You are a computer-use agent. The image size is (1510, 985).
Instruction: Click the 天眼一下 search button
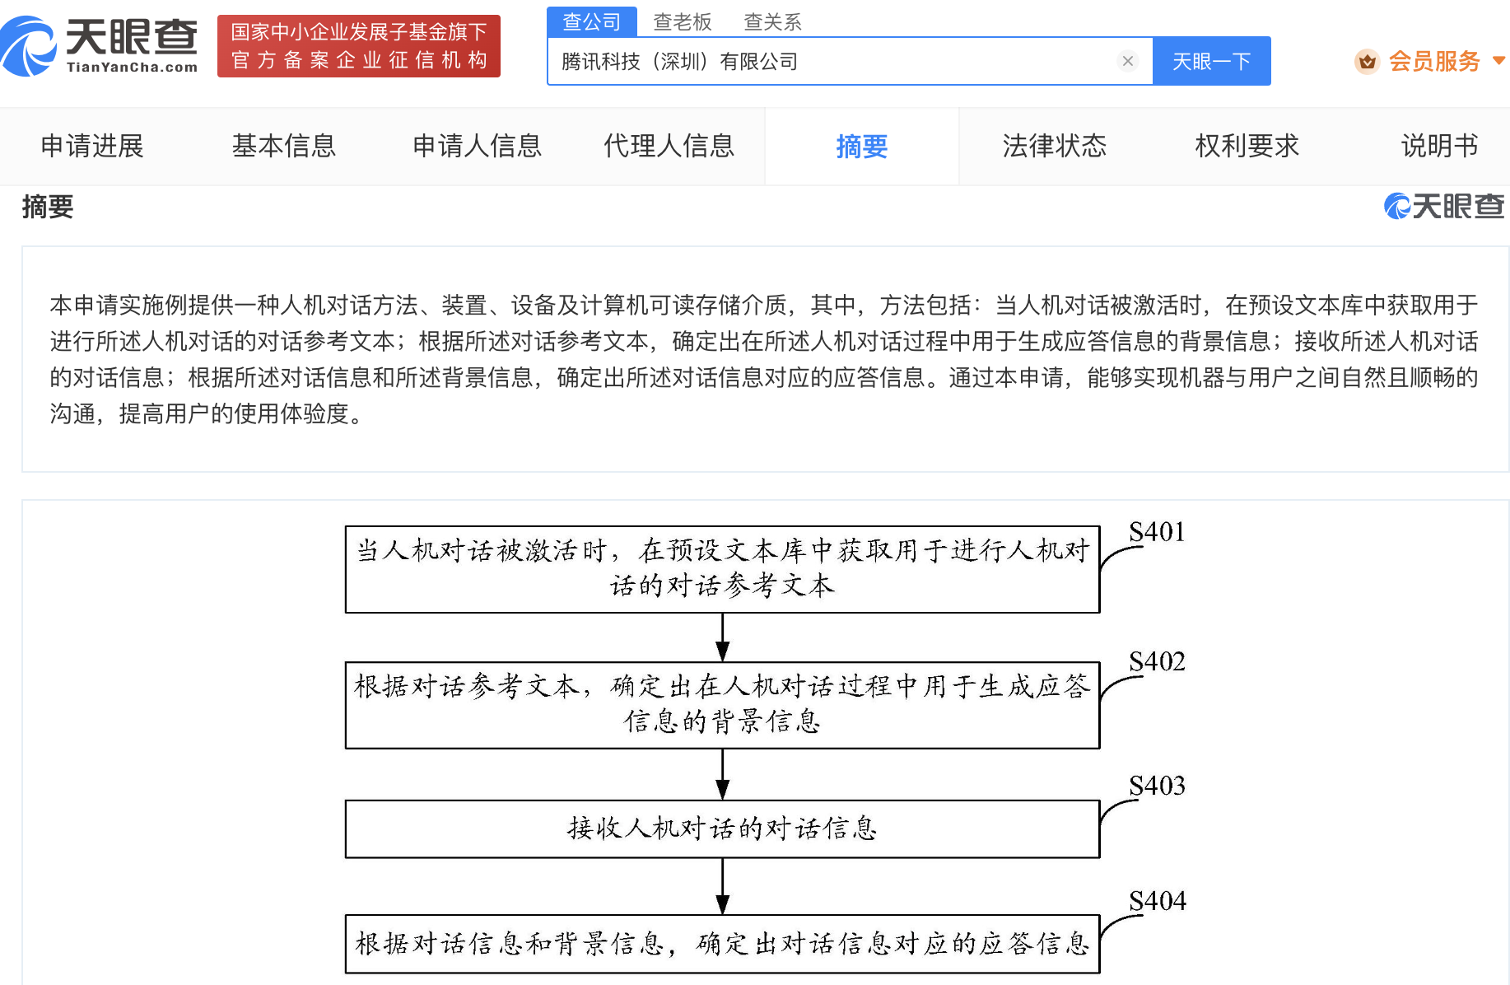tap(1211, 61)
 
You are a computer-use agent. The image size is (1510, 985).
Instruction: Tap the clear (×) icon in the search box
tap(1128, 61)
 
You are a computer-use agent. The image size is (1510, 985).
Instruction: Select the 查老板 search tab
tap(682, 22)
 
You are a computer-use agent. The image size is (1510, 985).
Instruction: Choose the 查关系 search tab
tap(772, 22)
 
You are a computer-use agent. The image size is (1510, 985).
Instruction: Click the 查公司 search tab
tap(592, 22)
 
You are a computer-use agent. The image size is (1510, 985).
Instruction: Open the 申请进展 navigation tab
tap(92, 146)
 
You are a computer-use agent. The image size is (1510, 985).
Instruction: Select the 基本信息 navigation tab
tap(284, 146)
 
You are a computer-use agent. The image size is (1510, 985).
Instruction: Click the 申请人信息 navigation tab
tap(477, 146)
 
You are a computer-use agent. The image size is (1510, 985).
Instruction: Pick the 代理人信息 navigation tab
tap(669, 146)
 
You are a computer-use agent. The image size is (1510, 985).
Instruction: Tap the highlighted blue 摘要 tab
tap(862, 147)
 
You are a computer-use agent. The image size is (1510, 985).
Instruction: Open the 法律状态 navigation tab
tap(1055, 146)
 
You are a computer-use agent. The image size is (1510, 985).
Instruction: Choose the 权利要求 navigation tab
tap(1247, 146)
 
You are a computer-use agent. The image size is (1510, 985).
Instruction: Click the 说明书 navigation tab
tap(1439, 146)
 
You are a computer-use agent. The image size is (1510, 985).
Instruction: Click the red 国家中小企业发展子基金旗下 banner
tap(359, 46)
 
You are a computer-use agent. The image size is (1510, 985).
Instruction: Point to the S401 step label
tap(1157, 532)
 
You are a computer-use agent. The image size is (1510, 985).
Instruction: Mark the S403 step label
tap(1157, 786)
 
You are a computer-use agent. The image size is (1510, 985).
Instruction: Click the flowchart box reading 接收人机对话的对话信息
tap(723, 829)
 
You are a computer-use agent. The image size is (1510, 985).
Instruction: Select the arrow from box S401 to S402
tap(723, 637)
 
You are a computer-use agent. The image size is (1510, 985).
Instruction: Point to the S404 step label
tap(1157, 901)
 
